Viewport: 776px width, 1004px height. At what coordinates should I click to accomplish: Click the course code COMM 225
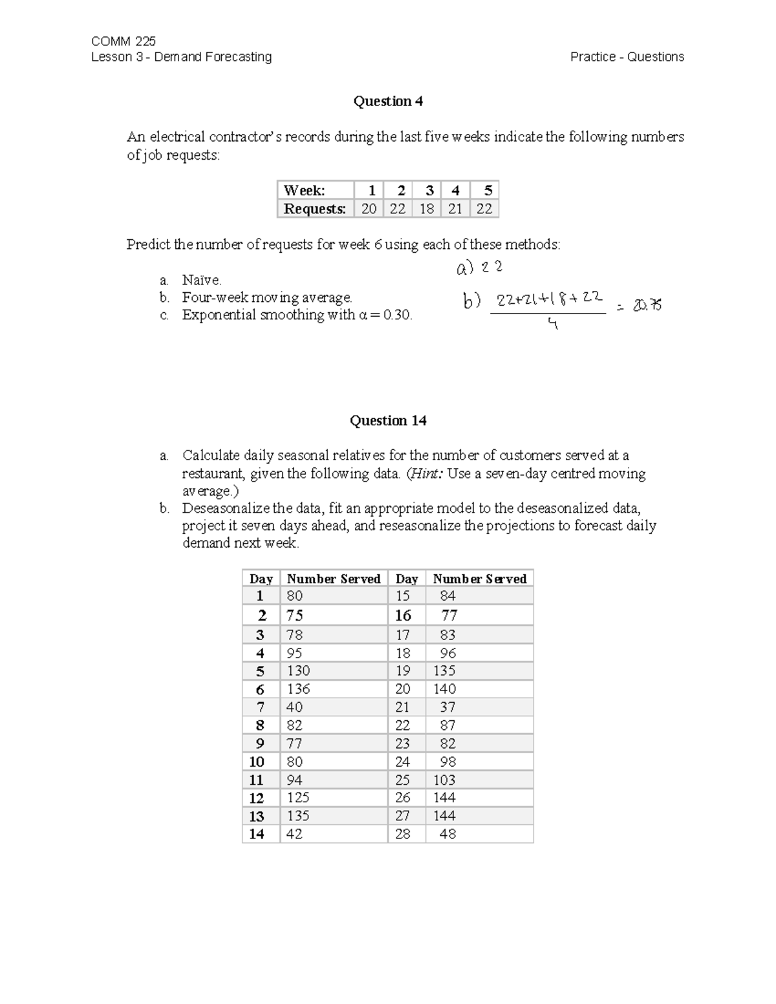[x=124, y=41]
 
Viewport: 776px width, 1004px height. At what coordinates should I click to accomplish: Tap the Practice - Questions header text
[x=627, y=57]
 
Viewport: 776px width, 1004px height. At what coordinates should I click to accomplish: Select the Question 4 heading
[x=388, y=101]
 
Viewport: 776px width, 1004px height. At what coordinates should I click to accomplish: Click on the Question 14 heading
[x=388, y=421]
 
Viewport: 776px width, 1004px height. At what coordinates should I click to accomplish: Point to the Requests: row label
[x=315, y=209]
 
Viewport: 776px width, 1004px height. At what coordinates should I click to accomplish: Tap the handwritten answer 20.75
[x=647, y=305]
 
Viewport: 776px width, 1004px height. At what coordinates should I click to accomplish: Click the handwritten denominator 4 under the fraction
[x=552, y=325]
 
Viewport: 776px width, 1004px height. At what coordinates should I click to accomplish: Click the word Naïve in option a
[x=201, y=280]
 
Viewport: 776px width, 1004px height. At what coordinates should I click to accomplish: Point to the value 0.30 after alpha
[x=397, y=315]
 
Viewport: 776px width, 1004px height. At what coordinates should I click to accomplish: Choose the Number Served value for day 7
[x=294, y=707]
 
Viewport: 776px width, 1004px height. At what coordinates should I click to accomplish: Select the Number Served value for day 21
[x=447, y=707]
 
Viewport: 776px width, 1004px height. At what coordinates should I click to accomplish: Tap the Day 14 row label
[x=257, y=834]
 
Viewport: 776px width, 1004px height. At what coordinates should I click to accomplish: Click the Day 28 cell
[x=403, y=834]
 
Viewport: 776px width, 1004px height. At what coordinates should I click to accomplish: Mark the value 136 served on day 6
[x=298, y=689]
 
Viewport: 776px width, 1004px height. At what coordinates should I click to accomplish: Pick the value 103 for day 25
[x=444, y=780]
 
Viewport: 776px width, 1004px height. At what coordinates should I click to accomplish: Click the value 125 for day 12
[x=298, y=798]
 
